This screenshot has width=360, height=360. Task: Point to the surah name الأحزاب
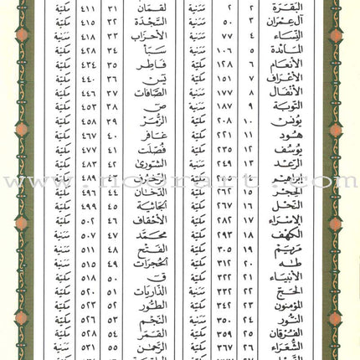pos(154,44)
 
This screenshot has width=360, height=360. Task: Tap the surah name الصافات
pos(154,97)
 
